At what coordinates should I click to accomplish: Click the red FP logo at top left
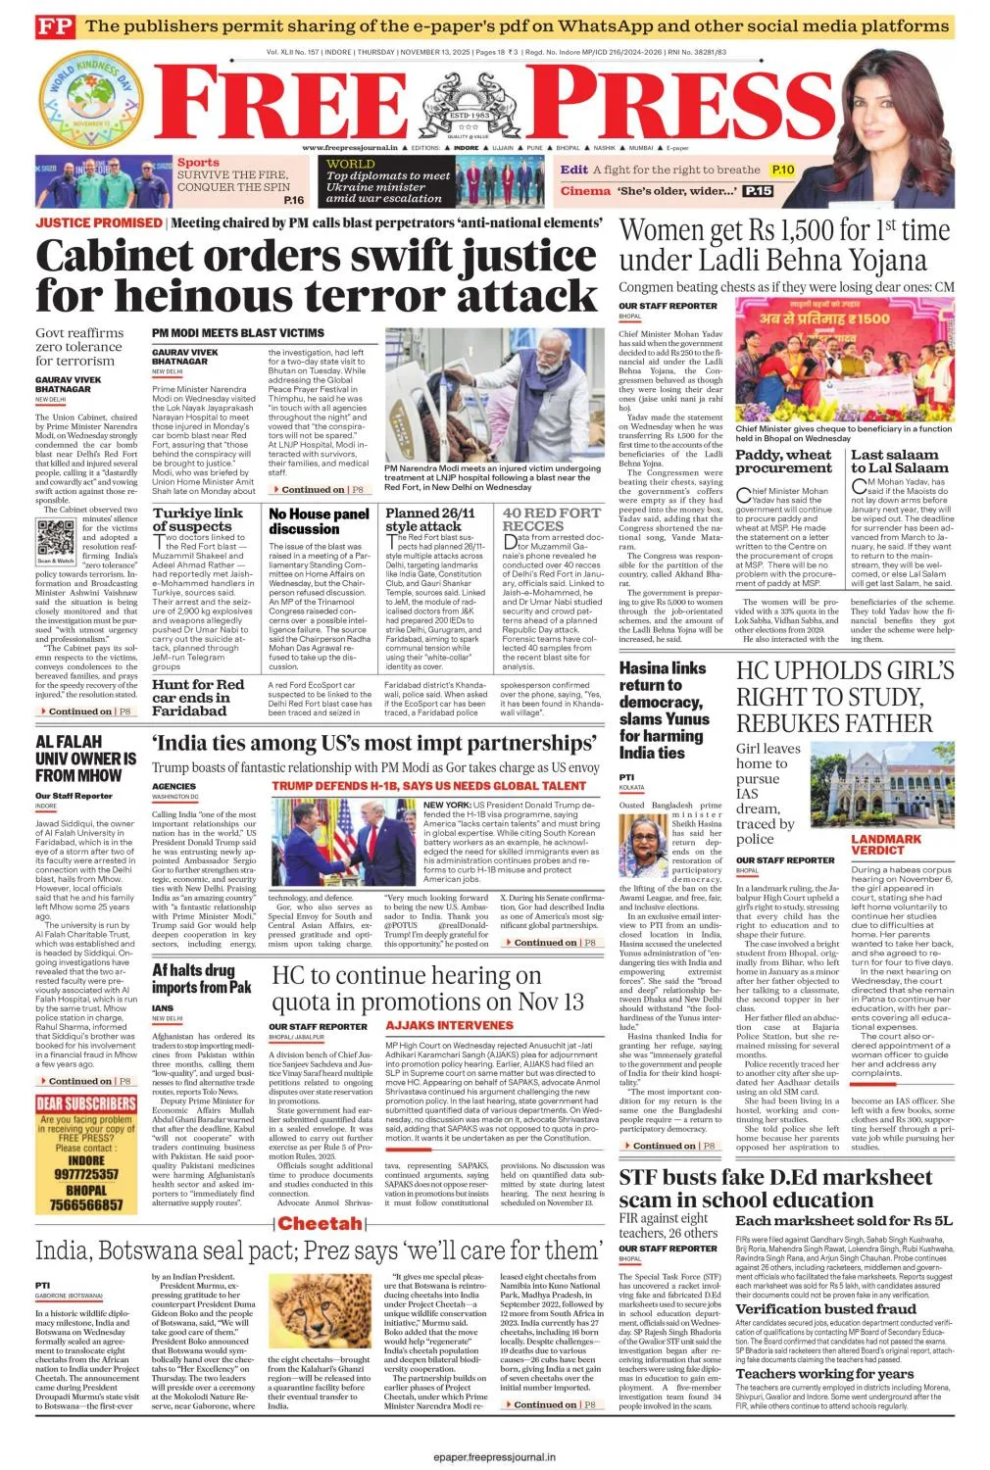(x=54, y=26)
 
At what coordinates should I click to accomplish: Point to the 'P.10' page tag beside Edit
(x=782, y=170)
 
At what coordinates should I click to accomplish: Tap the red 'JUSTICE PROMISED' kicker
(x=99, y=222)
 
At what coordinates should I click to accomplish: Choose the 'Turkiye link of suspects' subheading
(x=197, y=519)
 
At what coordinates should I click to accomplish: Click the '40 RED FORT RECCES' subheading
(x=552, y=519)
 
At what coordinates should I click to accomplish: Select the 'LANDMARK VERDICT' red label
(x=886, y=845)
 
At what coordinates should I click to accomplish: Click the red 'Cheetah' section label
(x=320, y=1223)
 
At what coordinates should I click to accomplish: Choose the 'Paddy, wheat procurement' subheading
(x=783, y=461)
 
